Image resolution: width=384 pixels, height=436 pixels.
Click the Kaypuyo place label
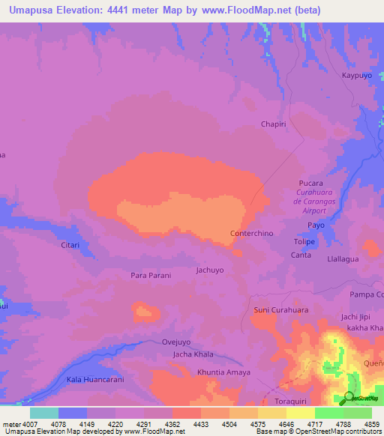click(358, 76)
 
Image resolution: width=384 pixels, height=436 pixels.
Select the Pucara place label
click(310, 183)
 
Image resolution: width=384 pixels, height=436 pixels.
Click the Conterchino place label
click(252, 234)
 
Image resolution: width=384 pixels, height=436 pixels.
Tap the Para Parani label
click(151, 275)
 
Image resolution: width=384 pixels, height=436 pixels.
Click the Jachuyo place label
click(210, 269)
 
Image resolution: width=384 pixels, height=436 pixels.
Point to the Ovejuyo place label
click(178, 342)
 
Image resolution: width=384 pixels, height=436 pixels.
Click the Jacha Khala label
click(193, 354)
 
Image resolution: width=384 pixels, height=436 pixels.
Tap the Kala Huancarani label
click(94, 380)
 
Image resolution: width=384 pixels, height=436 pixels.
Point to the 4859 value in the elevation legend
click(371, 424)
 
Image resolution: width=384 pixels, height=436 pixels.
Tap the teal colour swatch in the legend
click(43, 413)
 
